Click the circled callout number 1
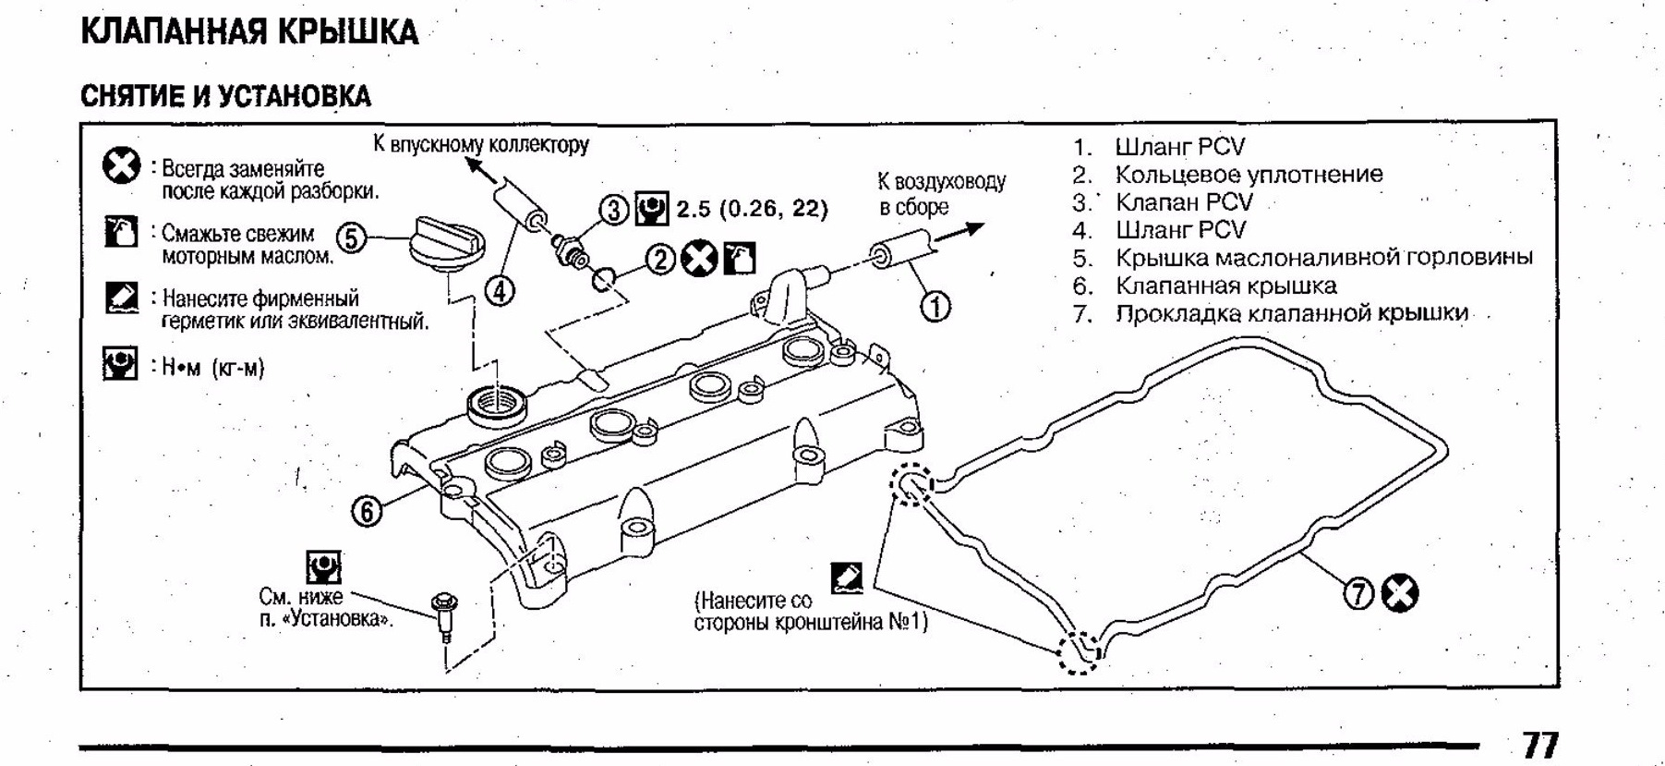click(935, 306)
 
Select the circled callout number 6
click(367, 511)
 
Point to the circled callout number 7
click(1358, 594)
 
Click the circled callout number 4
click(499, 292)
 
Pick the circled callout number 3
click(615, 210)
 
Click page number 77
click(1539, 745)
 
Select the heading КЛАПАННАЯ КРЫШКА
click(249, 32)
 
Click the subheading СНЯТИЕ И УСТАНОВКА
click(225, 96)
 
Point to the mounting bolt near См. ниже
click(445, 614)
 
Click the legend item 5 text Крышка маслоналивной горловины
click(1323, 258)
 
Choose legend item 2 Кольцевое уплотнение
click(1249, 175)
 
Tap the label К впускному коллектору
click(480, 144)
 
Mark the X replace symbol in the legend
click(120, 167)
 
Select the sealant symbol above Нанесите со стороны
click(846, 577)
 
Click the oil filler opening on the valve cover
click(500, 403)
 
